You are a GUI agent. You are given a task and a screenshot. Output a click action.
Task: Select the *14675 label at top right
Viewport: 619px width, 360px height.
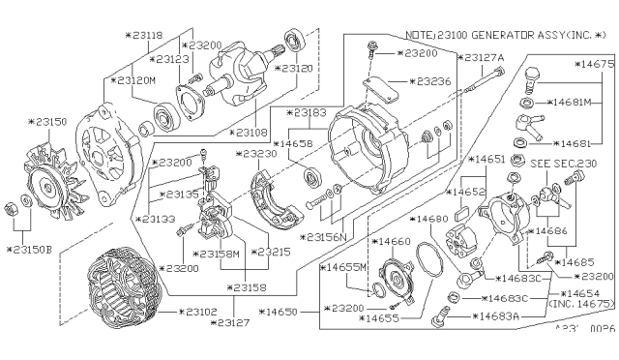[591, 65]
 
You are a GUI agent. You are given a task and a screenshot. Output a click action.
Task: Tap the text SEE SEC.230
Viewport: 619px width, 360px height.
[571, 164]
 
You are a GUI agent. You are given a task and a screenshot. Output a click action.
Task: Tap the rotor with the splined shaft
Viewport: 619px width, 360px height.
[242, 68]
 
